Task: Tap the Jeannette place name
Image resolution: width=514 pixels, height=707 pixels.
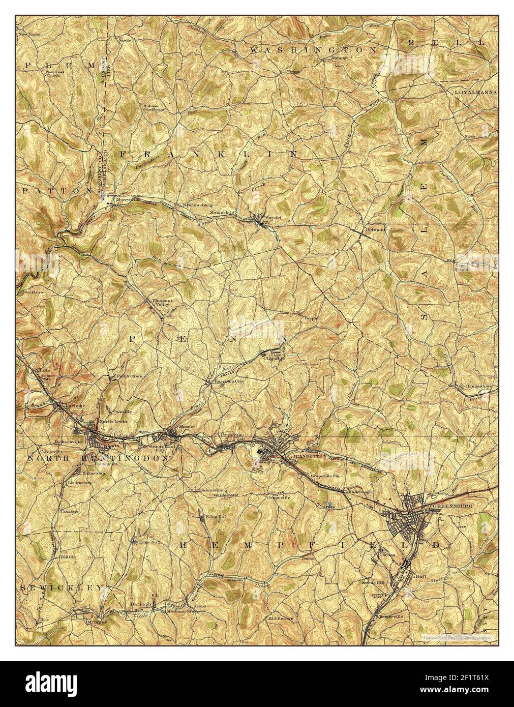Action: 294,456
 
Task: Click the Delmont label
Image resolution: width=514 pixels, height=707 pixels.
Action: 376,229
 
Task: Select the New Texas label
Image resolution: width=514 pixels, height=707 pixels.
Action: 29,35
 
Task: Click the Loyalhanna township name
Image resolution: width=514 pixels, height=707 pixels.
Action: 475,92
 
